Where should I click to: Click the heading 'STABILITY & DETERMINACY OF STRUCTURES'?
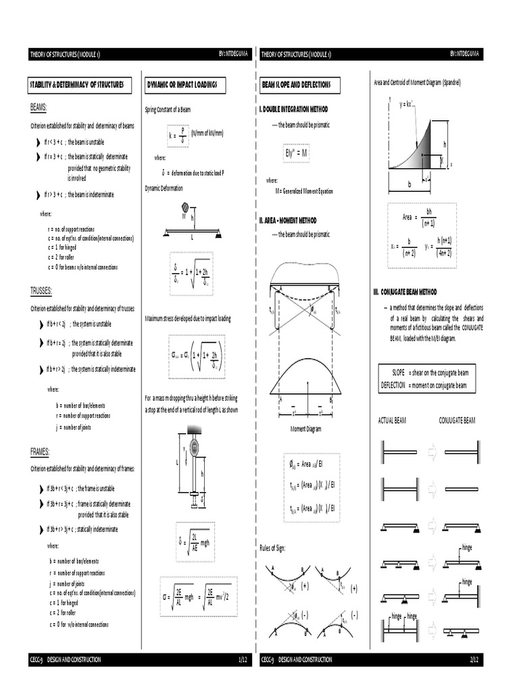[77, 85]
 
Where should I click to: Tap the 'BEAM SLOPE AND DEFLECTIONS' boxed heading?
[300, 85]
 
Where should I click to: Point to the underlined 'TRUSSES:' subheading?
[42, 291]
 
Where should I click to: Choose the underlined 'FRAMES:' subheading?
[41, 451]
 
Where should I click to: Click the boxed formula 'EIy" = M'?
[297, 153]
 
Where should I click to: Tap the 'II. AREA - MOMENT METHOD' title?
[288, 220]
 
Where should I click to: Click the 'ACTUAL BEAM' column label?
[394, 420]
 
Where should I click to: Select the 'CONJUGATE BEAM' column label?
[458, 420]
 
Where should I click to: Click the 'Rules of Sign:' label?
[273, 547]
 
